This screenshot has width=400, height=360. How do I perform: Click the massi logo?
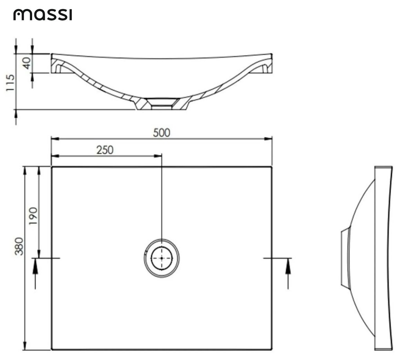(x=43, y=15)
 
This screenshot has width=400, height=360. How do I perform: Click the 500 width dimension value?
(x=162, y=133)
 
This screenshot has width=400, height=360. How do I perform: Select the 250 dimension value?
(x=105, y=150)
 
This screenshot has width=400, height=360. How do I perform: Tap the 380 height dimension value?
(x=19, y=246)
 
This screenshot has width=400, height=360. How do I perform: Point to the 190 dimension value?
(x=33, y=215)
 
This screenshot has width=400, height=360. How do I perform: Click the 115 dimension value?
(x=11, y=83)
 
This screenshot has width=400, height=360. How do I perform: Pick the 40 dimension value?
(x=27, y=63)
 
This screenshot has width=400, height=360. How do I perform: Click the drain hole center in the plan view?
(x=162, y=258)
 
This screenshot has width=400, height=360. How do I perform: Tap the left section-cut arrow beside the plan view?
(x=36, y=269)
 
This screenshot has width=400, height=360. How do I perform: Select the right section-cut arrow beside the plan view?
(x=288, y=269)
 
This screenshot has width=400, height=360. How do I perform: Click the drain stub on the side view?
(x=345, y=258)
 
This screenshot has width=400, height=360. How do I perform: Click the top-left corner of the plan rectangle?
(x=52, y=167)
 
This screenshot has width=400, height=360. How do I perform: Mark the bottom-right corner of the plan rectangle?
(x=272, y=349)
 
